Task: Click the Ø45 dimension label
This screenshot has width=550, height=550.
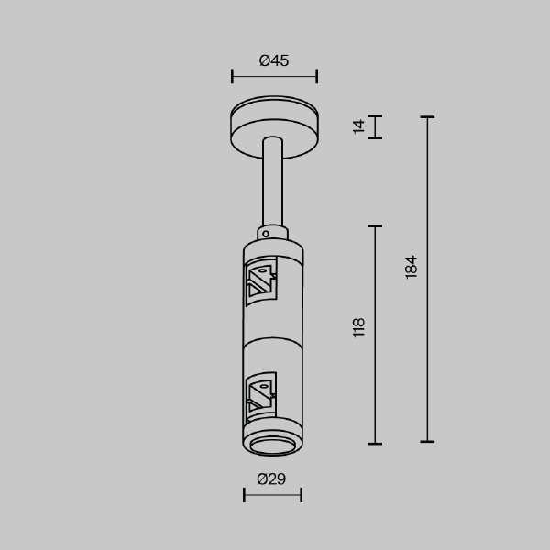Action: (x=274, y=60)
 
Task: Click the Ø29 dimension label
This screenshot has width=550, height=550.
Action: (x=272, y=478)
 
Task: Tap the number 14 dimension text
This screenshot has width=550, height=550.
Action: (x=359, y=126)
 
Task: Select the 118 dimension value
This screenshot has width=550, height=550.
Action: (x=359, y=327)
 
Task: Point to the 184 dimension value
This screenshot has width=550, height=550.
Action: (x=412, y=267)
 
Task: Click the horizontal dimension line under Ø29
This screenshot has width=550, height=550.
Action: (x=272, y=495)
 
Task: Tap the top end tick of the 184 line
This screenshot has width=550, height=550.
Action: (x=426, y=117)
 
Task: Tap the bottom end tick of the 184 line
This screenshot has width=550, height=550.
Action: (x=426, y=443)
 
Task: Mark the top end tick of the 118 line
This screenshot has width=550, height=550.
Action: (x=375, y=225)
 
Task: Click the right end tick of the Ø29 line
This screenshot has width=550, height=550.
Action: (x=302, y=495)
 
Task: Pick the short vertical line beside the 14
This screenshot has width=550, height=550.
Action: (x=375, y=126)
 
